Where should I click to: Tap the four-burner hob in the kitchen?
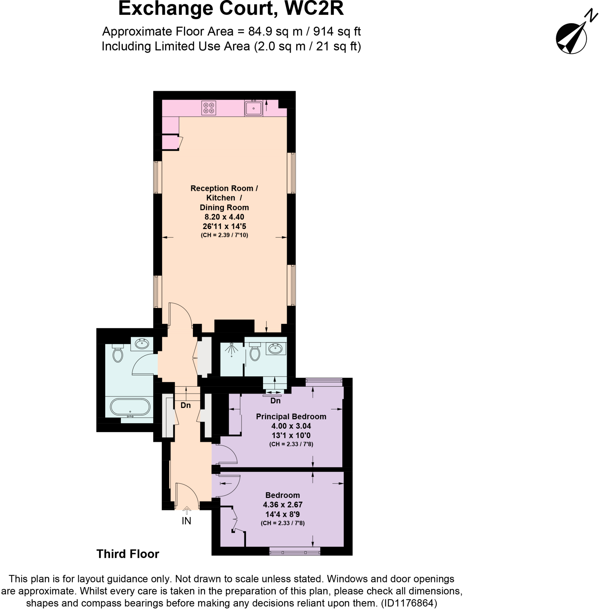coord(209,108)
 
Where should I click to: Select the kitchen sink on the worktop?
coord(253,108)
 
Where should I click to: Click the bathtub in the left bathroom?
coord(130,407)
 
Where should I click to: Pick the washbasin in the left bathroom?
coord(142,344)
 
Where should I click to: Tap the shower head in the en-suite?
coord(232,349)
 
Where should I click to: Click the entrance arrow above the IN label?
coord(187,511)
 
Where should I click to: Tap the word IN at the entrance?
coord(187,521)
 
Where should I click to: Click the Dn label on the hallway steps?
coord(185,405)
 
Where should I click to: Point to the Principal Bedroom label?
coord(291,416)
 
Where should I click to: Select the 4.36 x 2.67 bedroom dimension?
coord(283,505)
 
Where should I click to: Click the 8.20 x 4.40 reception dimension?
coord(224,217)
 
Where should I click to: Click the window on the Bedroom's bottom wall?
coord(295,551)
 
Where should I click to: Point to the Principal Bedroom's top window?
coord(324,382)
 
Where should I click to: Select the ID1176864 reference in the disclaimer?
coord(409,603)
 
